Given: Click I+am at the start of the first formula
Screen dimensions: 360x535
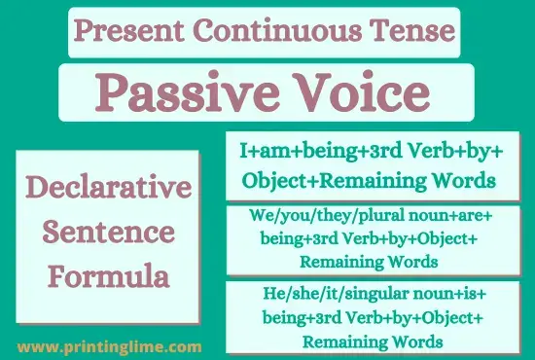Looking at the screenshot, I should point(262,153).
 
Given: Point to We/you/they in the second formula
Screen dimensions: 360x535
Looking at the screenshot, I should point(281,219).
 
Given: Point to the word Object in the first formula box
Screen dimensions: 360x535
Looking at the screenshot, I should point(271,180).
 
